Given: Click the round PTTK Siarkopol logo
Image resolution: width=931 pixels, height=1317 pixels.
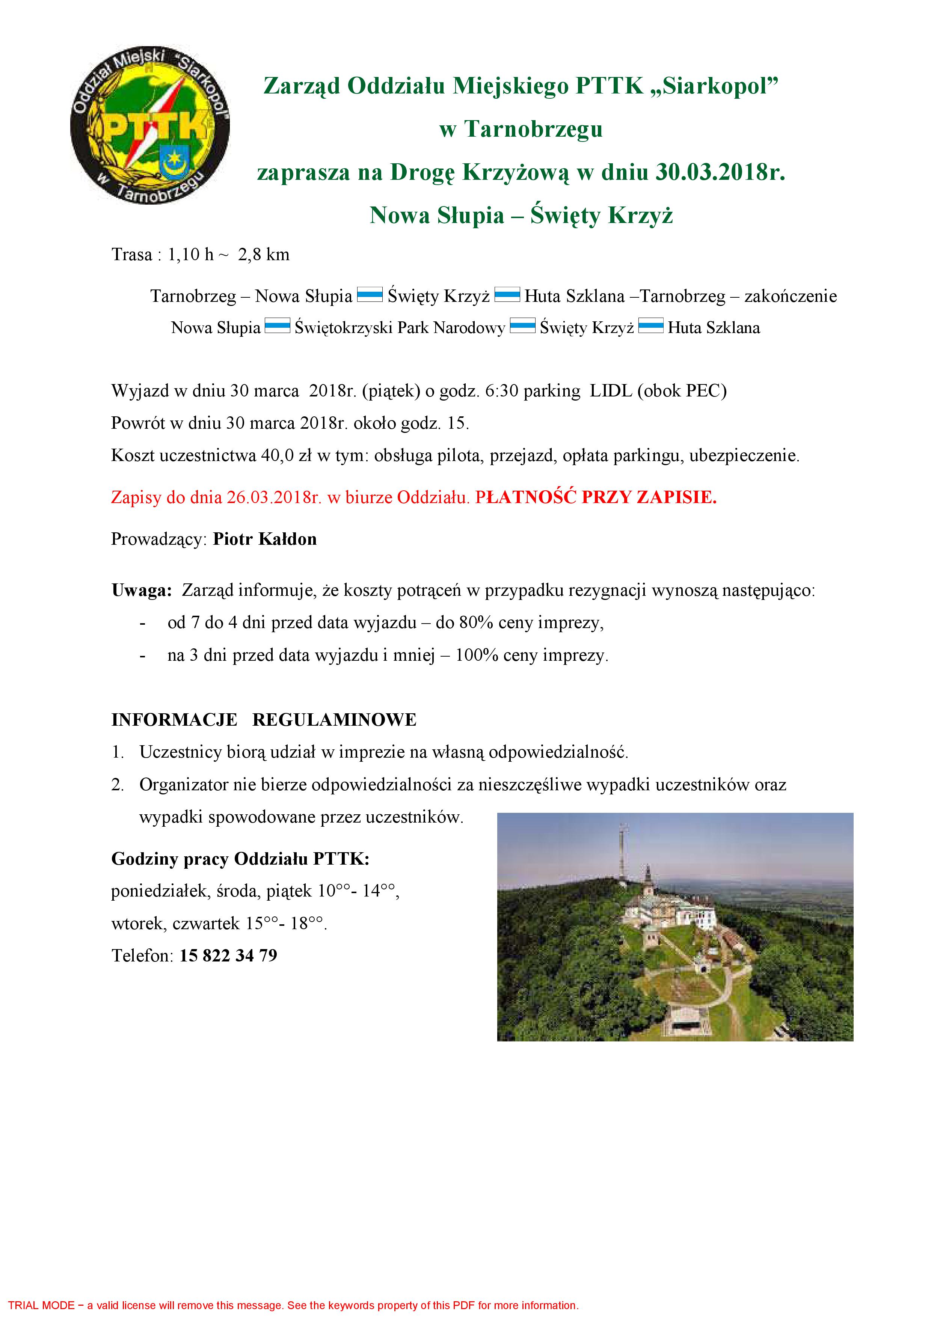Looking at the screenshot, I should point(150,127).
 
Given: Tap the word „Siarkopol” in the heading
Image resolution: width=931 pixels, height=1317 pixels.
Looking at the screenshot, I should point(714,86).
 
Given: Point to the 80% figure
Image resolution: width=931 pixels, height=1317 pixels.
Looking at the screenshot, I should point(476,622).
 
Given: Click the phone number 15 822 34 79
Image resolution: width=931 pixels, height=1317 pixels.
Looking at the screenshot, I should point(228,955).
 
